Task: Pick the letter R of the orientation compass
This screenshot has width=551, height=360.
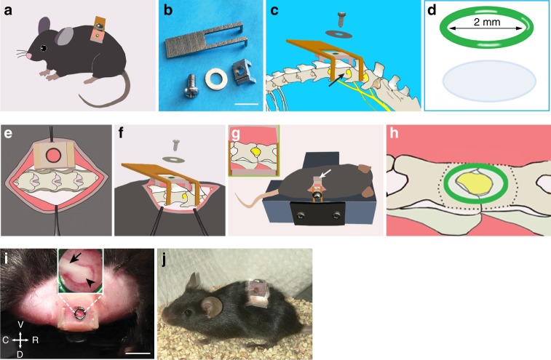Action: [35, 339]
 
